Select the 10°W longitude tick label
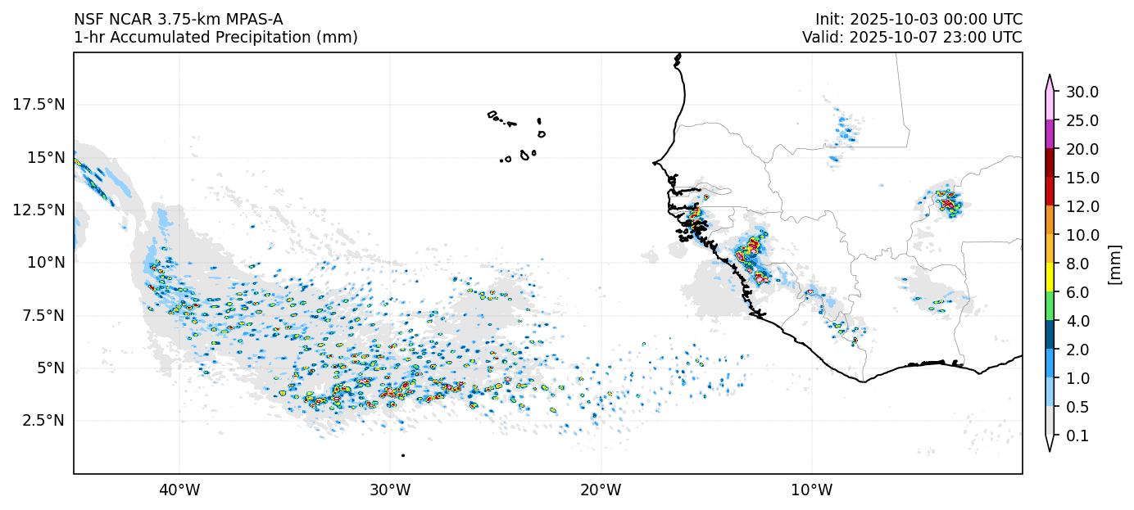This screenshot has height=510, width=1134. tap(811, 490)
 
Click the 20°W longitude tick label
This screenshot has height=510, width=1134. tap(601, 490)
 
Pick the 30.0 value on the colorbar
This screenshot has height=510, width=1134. tap(1082, 92)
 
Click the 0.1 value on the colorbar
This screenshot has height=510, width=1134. tap(1077, 436)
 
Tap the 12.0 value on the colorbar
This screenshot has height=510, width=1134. tap(1082, 206)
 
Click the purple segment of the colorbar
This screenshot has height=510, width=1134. tap(1050, 134)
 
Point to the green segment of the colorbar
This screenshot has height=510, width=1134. tap(1050, 307)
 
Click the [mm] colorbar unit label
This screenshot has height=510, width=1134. tap(1114, 264)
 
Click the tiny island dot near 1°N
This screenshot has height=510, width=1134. tap(403, 455)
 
